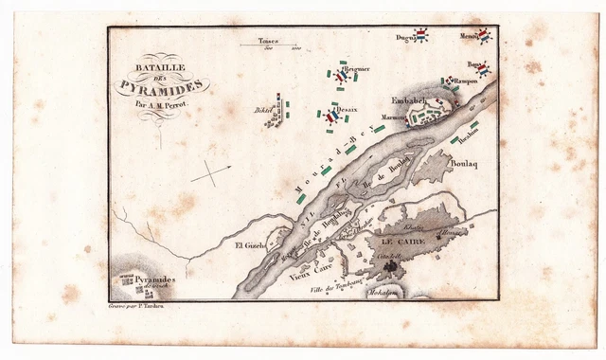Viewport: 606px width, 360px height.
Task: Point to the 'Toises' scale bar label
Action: click(x=268, y=41)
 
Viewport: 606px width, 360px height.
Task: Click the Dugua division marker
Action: click(x=421, y=36)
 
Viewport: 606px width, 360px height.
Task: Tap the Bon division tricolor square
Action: click(x=483, y=70)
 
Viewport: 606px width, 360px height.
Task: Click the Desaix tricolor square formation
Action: click(x=330, y=117)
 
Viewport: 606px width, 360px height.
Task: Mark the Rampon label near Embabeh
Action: click(x=465, y=82)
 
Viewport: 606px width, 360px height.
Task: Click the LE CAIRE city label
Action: click(x=401, y=243)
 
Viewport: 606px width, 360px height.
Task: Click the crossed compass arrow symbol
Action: click(x=210, y=173)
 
